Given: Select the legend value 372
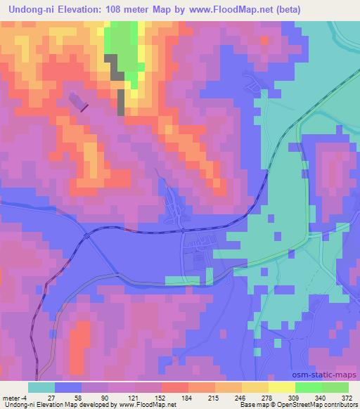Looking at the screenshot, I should [347, 398].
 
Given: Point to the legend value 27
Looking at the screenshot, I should [54, 398].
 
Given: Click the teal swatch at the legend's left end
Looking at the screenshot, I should [41, 387].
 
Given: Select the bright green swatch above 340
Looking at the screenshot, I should [309, 387].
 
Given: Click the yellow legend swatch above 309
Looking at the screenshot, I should [282, 387].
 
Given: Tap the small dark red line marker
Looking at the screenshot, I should [84, 108].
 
